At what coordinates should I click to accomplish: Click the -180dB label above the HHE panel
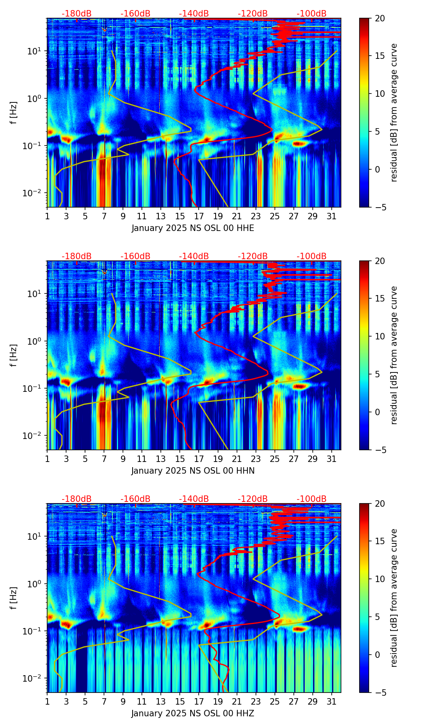(x=77, y=14)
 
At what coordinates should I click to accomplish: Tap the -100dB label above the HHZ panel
(x=312, y=499)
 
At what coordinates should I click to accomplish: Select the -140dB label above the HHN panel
(x=194, y=256)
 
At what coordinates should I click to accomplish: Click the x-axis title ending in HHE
(x=193, y=228)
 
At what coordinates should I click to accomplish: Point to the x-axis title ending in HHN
(x=193, y=471)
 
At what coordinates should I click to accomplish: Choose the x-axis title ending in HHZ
(x=193, y=713)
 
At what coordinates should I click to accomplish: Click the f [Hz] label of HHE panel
(x=14, y=113)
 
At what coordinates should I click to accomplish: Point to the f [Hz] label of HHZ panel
(x=14, y=598)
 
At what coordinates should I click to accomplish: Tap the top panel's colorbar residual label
(x=394, y=113)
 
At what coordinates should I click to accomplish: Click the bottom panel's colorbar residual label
(x=394, y=598)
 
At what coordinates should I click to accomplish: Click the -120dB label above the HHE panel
(x=253, y=14)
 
